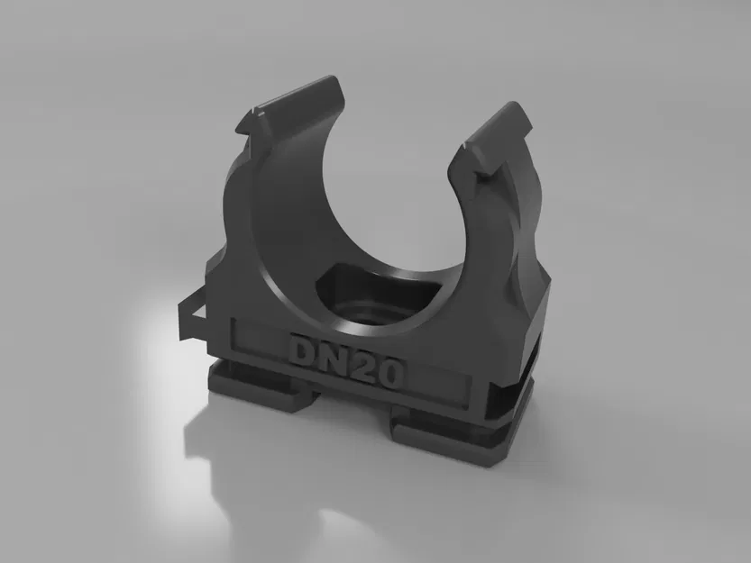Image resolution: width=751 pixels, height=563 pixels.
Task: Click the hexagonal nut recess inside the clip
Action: [374, 306]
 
